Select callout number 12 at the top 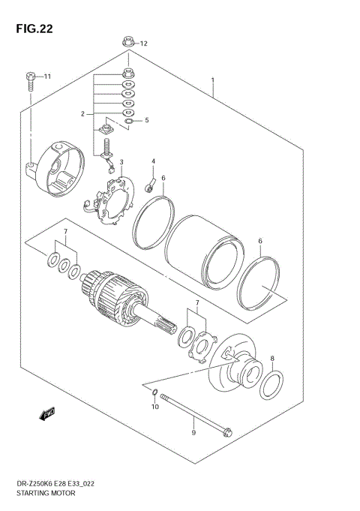pyautogui.click(x=145, y=44)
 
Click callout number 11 pyautogui.click(x=46, y=77)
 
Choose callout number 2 pyautogui.click(x=84, y=113)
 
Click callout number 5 pyautogui.click(x=147, y=120)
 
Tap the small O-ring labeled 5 pyautogui.click(x=129, y=120)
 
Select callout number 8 pyautogui.click(x=272, y=359)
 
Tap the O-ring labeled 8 pyautogui.click(x=271, y=383)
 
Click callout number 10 pyautogui.click(x=156, y=407)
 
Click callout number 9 pyautogui.click(x=193, y=432)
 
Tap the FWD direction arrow pyautogui.click(x=47, y=413)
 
